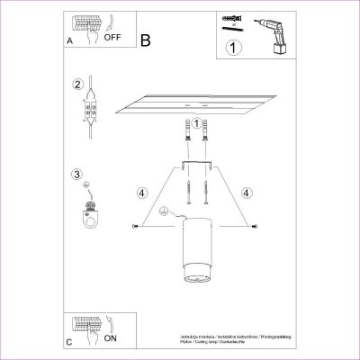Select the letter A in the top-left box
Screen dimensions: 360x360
click(70, 41)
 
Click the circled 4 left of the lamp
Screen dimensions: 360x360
click(141, 192)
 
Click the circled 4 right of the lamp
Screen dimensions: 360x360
click(247, 192)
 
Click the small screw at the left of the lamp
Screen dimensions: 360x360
click(135, 225)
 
